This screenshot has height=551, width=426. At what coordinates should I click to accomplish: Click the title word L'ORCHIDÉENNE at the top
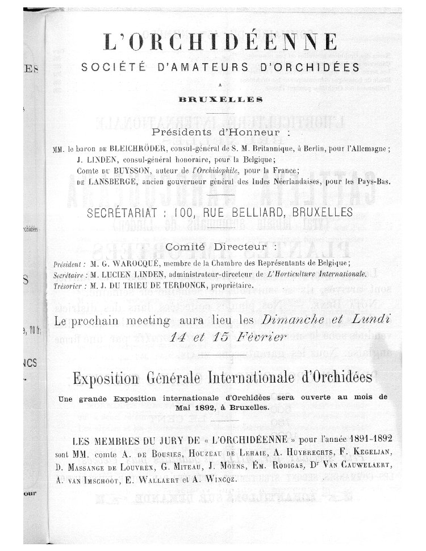tap(220, 42)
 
